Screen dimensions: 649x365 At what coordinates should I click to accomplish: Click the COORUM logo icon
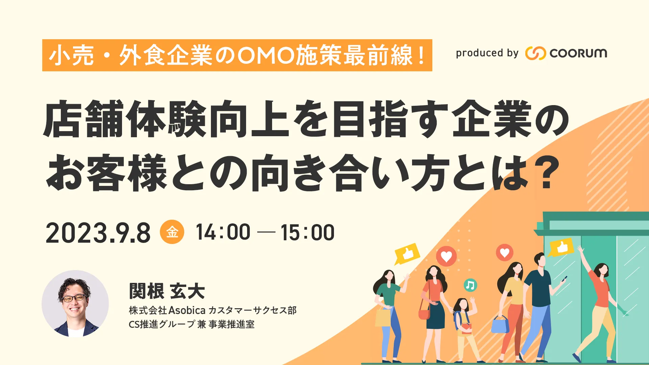click(535, 53)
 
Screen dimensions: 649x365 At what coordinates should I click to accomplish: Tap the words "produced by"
click(487, 53)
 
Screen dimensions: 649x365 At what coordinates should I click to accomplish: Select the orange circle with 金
click(172, 232)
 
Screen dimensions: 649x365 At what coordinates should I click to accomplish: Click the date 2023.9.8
click(98, 233)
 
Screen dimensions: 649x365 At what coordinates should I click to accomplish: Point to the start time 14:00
click(223, 232)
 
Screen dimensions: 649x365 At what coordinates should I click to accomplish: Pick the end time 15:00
click(307, 233)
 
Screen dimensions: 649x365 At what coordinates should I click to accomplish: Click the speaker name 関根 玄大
click(167, 291)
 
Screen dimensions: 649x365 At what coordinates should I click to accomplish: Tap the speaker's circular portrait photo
click(75, 303)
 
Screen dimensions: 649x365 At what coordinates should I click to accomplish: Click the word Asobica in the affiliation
click(187, 310)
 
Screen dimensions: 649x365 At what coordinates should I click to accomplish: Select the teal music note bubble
click(470, 285)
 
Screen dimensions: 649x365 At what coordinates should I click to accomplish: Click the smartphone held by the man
click(564, 279)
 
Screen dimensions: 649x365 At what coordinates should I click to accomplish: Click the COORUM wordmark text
click(578, 53)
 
